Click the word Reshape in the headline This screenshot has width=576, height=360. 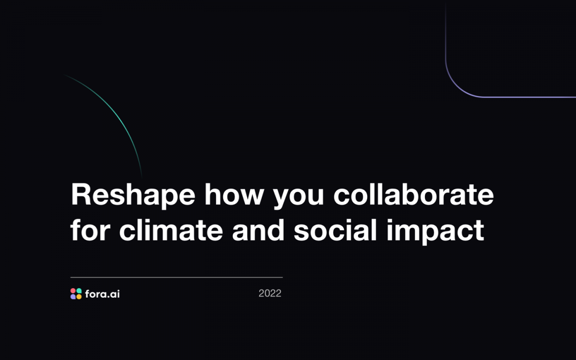click(x=133, y=195)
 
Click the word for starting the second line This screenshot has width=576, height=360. click(x=90, y=229)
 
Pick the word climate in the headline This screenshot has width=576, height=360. click(x=171, y=229)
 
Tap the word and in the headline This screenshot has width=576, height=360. click(x=258, y=229)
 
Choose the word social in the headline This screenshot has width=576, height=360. click(x=336, y=229)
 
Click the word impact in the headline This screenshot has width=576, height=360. click(x=436, y=231)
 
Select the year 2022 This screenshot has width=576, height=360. click(x=270, y=293)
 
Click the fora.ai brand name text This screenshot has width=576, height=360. click(x=102, y=294)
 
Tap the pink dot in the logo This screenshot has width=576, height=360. click(x=73, y=291)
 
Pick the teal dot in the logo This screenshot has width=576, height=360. click(x=79, y=291)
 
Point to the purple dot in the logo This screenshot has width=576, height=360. click(x=73, y=297)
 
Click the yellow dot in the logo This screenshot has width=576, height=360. click(x=79, y=297)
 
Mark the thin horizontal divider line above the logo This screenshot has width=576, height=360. click(x=177, y=277)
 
